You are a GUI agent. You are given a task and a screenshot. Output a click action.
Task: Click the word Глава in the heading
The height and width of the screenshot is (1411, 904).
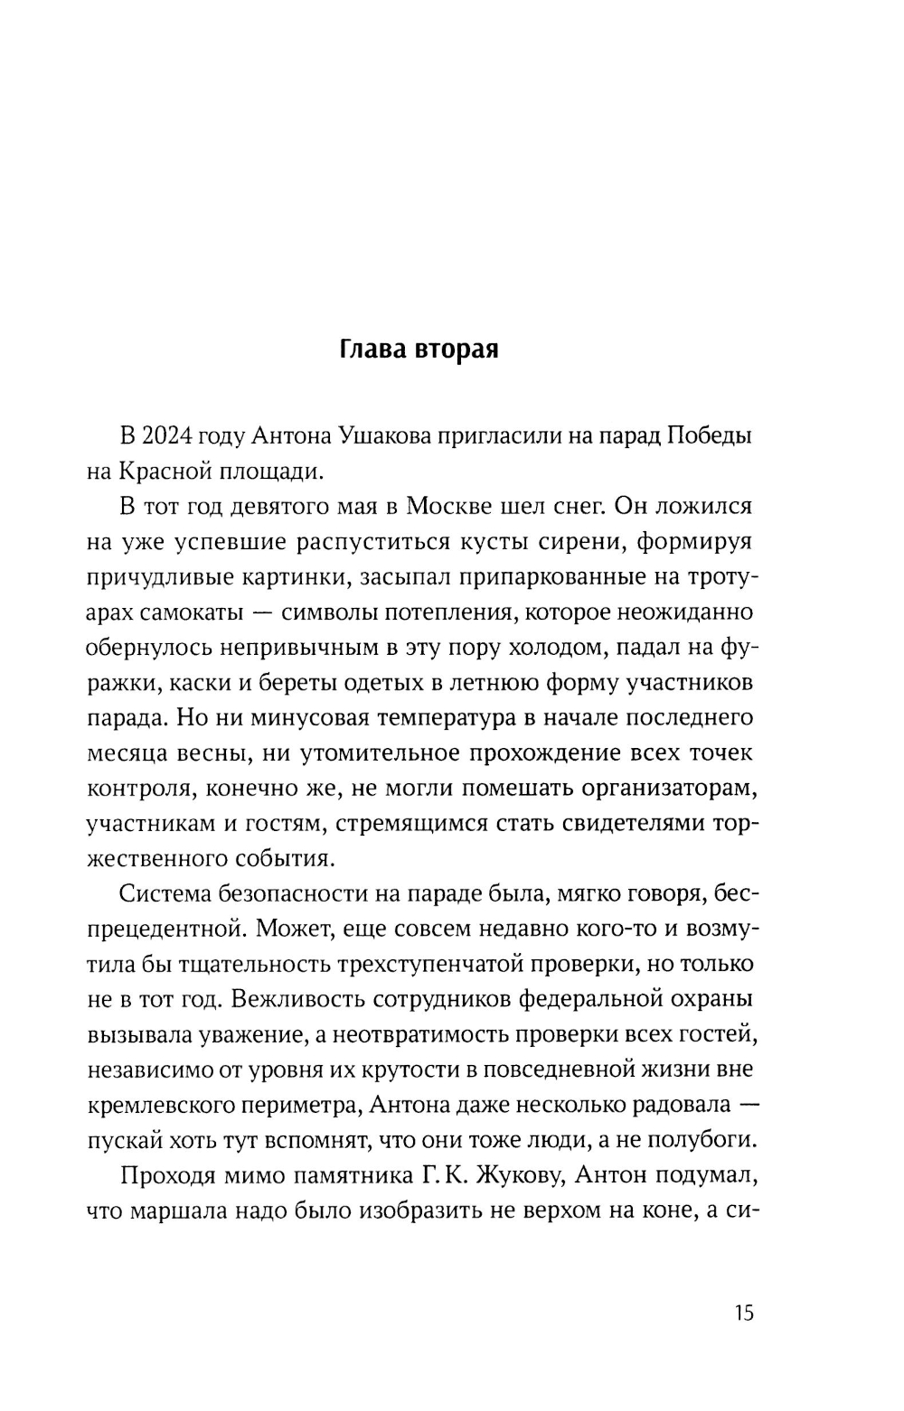(372, 350)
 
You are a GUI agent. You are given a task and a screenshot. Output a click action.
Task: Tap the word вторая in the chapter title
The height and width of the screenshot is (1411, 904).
(457, 350)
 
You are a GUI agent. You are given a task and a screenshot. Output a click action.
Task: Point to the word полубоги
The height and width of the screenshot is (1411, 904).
(708, 1140)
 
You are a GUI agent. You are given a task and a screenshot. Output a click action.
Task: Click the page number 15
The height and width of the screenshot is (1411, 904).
(744, 1313)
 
